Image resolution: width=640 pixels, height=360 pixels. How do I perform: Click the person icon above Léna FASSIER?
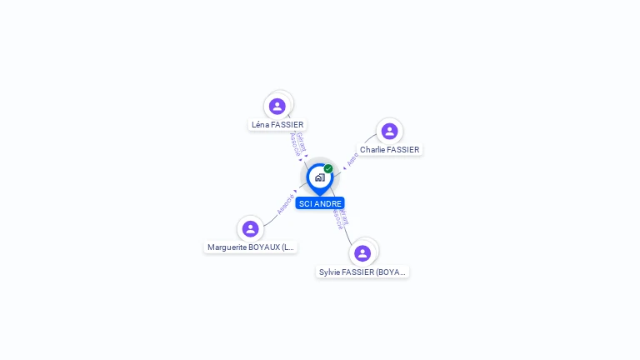277,106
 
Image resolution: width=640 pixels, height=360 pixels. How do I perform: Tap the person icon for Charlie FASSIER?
389,131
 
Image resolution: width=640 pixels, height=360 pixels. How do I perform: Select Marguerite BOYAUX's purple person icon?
250,228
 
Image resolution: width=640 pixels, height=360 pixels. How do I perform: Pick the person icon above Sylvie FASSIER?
362,253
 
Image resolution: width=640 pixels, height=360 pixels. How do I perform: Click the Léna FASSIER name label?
277,125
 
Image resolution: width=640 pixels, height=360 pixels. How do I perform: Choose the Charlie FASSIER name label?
389,150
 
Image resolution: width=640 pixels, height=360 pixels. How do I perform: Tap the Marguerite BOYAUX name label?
250,247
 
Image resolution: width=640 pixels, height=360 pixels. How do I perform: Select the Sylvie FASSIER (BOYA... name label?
362,272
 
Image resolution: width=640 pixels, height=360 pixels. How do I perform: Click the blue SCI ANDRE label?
320,203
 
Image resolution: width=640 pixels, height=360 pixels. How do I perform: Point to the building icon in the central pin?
319,177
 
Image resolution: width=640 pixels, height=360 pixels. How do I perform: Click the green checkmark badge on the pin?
328,169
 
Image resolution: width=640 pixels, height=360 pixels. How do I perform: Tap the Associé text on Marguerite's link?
285,203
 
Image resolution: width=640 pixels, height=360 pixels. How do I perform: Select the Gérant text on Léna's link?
302,141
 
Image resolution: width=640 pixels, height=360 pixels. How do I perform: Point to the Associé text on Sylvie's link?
337,217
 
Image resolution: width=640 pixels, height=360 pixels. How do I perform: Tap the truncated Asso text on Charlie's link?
353,158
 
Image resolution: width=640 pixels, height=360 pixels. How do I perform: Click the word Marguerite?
226,247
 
